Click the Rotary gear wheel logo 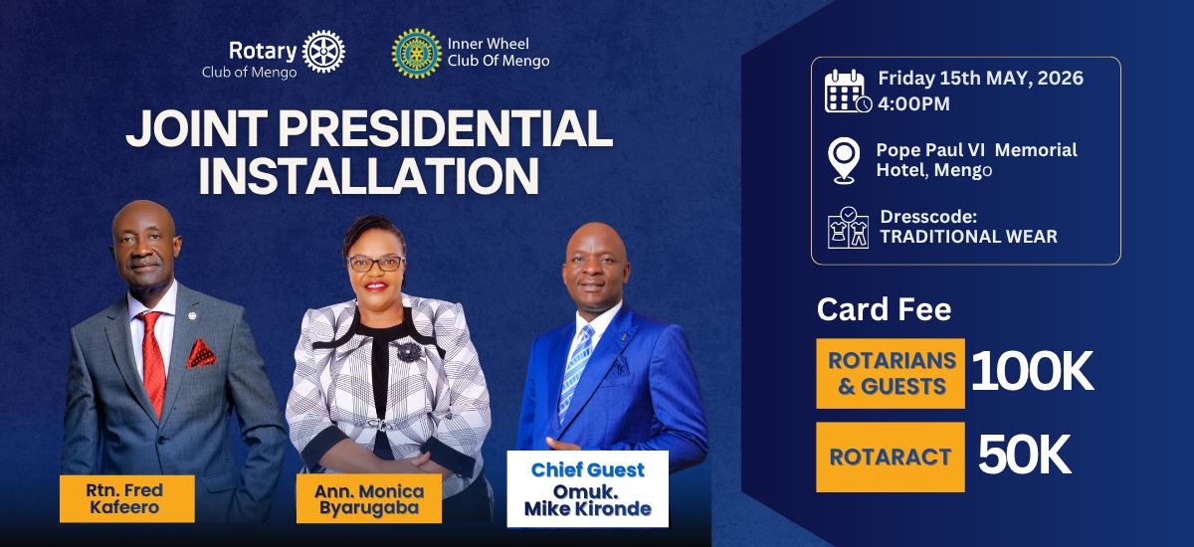coord(323,52)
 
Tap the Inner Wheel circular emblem coord(417,53)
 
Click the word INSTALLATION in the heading coord(368,174)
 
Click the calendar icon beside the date coord(847,91)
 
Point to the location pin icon coord(845,160)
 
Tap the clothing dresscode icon coord(848,227)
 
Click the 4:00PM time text coord(913,103)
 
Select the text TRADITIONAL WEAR coord(968,237)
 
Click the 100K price coord(1032,372)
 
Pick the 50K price coord(1024,456)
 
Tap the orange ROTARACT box coord(891,457)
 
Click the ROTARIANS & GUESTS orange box coord(891,373)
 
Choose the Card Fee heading coord(884,309)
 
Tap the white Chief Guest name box coord(587,489)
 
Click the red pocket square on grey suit coord(201,353)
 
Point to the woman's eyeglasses coord(376,264)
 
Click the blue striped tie coord(575,373)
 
